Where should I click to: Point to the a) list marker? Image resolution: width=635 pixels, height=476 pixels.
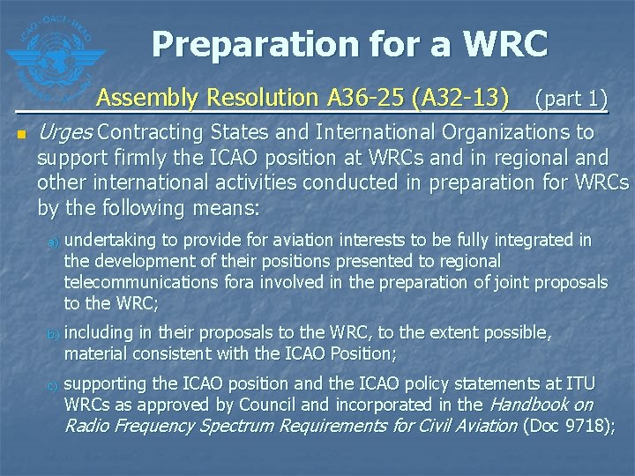point(53,241)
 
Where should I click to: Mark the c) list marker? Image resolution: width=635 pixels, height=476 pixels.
point(53,384)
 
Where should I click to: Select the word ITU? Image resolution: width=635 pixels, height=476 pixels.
point(579,383)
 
